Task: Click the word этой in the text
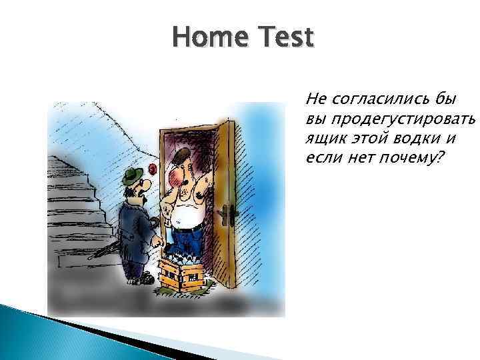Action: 366,139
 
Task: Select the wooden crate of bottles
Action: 183,269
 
